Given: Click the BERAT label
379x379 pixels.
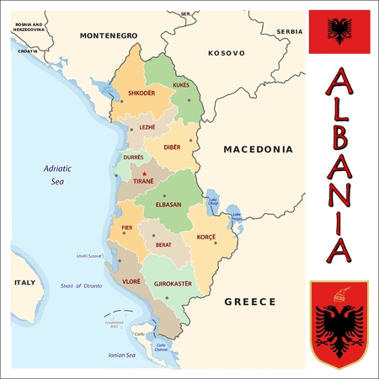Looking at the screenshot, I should click(163, 245).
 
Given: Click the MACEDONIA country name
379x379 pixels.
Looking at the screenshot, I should click(258, 149).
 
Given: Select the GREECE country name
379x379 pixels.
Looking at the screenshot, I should click(250, 301).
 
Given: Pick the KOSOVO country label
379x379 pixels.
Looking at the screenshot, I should click(227, 52).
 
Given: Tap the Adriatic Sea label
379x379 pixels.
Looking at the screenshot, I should click(58, 175).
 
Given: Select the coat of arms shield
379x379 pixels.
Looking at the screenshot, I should click(339, 323).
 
